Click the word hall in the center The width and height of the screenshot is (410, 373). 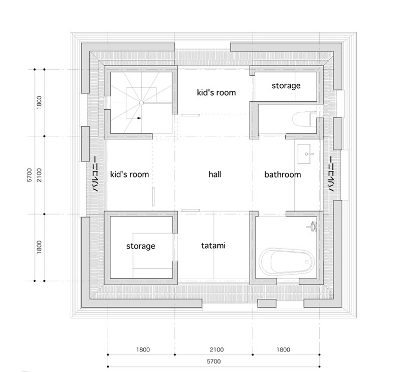[215, 174]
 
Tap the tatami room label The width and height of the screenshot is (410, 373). [214, 246]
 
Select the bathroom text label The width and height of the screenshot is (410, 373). [283, 174]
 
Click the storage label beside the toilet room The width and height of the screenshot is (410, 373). [286, 86]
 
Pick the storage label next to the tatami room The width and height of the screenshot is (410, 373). [140, 246]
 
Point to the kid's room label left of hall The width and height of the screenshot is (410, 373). [130, 174]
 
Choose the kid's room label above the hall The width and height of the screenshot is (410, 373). [216, 92]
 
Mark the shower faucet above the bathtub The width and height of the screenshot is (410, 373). [313, 226]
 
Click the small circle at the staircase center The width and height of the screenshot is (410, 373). [141, 102]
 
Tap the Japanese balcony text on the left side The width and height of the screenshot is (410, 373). [93, 174]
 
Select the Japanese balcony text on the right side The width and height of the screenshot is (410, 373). [331, 174]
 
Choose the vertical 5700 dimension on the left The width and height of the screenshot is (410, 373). [30, 174]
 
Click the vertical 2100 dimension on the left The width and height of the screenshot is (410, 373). [40, 175]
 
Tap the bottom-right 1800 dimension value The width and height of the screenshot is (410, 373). [283, 350]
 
